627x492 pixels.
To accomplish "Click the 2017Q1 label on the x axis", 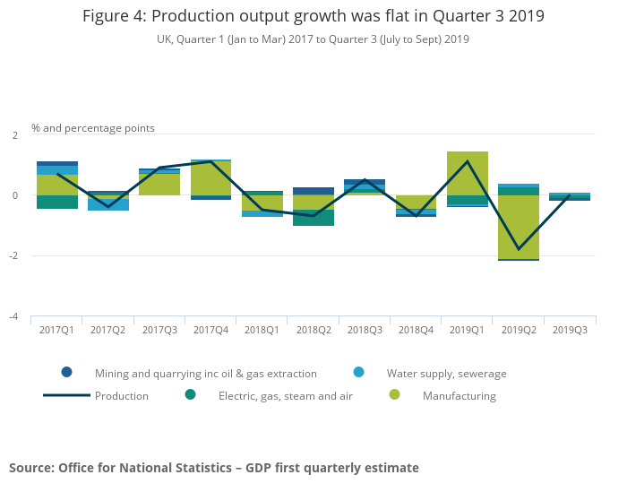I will pyautogui.click(x=56, y=330).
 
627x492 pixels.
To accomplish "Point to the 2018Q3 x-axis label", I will pyautogui.click(x=365, y=330).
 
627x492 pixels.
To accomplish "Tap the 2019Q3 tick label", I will pyautogui.click(x=570, y=330).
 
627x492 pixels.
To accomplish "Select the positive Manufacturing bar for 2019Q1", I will pyautogui.click(x=468, y=173).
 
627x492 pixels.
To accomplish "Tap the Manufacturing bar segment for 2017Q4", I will pyautogui.click(x=210, y=178).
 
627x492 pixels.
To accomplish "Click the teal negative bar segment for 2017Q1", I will pyautogui.click(x=56, y=202).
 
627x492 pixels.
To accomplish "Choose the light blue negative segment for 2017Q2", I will pyautogui.click(x=107, y=205).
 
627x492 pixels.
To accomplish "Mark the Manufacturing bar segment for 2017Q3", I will pyautogui.click(x=159, y=184).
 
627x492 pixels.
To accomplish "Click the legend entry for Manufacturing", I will pyautogui.click(x=459, y=396).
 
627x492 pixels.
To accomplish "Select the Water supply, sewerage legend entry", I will pyautogui.click(x=446, y=373).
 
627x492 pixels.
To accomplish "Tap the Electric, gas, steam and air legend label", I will pyautogui.click(x=284, y=396).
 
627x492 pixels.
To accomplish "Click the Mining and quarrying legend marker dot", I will pyautogui.click(x=66, y=372).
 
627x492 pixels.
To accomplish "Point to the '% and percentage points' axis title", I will pyautogui.click(x=93, y=128).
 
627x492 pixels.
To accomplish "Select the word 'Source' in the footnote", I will pyautogui.click(x=31, y=468).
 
